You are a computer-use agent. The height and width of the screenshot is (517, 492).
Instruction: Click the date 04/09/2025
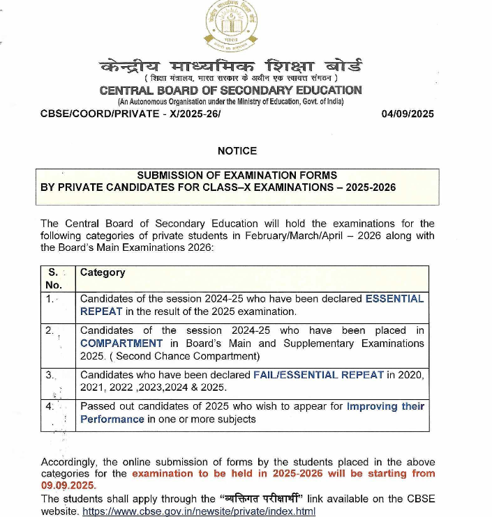pos(408,114)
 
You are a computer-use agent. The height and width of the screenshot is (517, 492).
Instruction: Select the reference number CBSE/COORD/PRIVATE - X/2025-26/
pos(131,114)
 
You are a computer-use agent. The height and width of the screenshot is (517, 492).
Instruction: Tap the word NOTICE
pos(237,151)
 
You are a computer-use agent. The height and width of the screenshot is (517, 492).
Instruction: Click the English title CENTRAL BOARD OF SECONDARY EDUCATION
pos(231,91)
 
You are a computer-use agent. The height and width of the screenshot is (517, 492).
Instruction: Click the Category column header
pos(103,272)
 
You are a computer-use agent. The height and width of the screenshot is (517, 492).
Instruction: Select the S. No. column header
pos(54,278)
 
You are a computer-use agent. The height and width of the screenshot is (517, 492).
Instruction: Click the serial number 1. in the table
pos(50,298)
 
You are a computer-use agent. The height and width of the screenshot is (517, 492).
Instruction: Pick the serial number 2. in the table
pos(50,330)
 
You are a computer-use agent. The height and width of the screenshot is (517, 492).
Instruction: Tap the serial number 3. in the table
pos(50,375)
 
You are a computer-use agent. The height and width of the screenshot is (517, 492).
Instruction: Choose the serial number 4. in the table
pos(50,406)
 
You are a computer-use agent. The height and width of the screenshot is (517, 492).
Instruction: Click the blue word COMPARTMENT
pos(121,344)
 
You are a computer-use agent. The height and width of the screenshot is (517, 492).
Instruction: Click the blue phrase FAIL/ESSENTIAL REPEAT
pos(318,375)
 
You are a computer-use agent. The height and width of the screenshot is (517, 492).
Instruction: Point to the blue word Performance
pos(112,419)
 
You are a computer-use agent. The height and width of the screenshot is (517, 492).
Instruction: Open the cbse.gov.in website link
pos(199,511)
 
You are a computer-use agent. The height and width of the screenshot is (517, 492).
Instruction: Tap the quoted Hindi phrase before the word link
pos(264,498)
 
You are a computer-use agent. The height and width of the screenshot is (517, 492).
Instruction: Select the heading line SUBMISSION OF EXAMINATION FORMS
pos(237,175)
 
